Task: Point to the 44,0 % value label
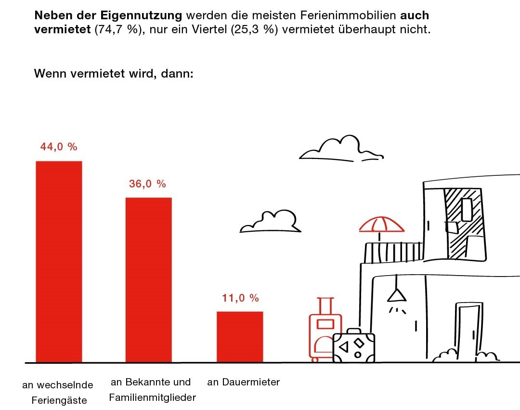point(59,147)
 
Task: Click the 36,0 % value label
point(147,184)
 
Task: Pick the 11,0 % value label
point(240,298)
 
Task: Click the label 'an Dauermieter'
point(243,383)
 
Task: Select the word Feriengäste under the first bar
point(59,400)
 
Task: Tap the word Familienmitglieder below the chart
point(152,398)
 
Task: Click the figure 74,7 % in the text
point(114,29)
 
